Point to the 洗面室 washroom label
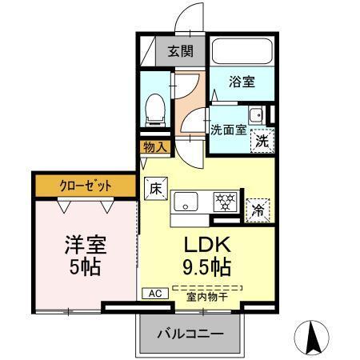pyautogui.click(x=228, y=130)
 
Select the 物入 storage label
pyautogui.click(x=155, y=147)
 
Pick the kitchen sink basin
pyautogui.click(x=186, y=202)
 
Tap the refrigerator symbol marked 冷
pyautogui.click(x=258, y=210)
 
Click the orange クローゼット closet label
pyautogui.click(x=85, y=186)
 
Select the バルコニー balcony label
pyautogui.click(x=190, y=332)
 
